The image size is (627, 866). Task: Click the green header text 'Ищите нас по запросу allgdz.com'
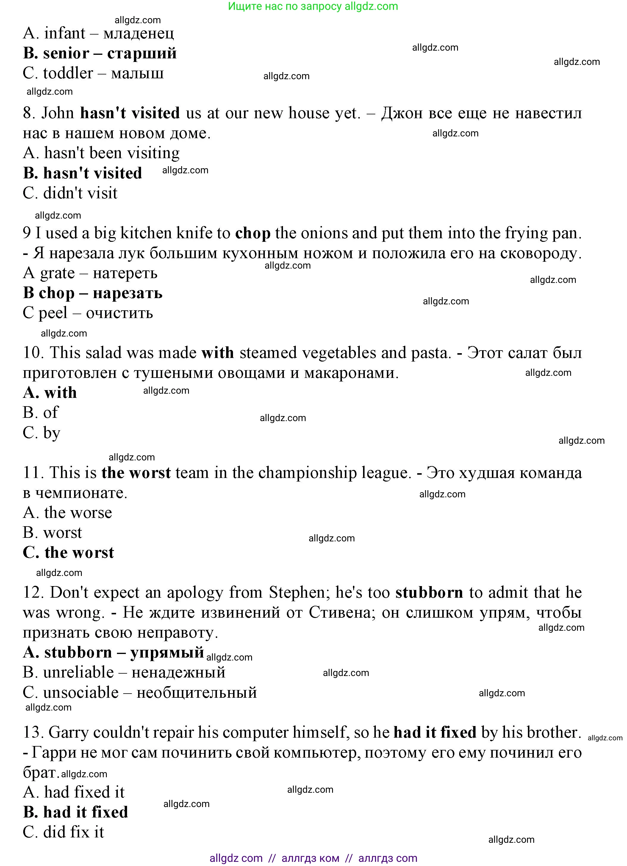(313, 6)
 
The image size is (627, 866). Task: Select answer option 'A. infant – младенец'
(98, 33)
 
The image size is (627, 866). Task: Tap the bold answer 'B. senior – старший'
(100, 53)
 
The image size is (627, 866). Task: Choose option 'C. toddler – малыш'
(93, 73)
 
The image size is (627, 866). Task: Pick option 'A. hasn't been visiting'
(101, 153)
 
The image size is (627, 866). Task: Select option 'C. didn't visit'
(70, 193)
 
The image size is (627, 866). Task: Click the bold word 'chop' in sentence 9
(253, 233)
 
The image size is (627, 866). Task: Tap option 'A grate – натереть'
(90, 273)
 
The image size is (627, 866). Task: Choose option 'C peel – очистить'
(88, 313)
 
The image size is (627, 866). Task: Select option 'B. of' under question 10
(40, 413)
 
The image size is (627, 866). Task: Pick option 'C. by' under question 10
(41, 433)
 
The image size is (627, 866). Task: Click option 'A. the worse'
(68, 513)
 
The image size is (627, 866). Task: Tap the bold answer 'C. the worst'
(68, 552)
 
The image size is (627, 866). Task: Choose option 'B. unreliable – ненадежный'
(124, 672)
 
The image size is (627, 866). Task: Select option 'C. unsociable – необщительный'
(140, 693)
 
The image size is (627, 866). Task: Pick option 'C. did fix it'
(63, 832)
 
